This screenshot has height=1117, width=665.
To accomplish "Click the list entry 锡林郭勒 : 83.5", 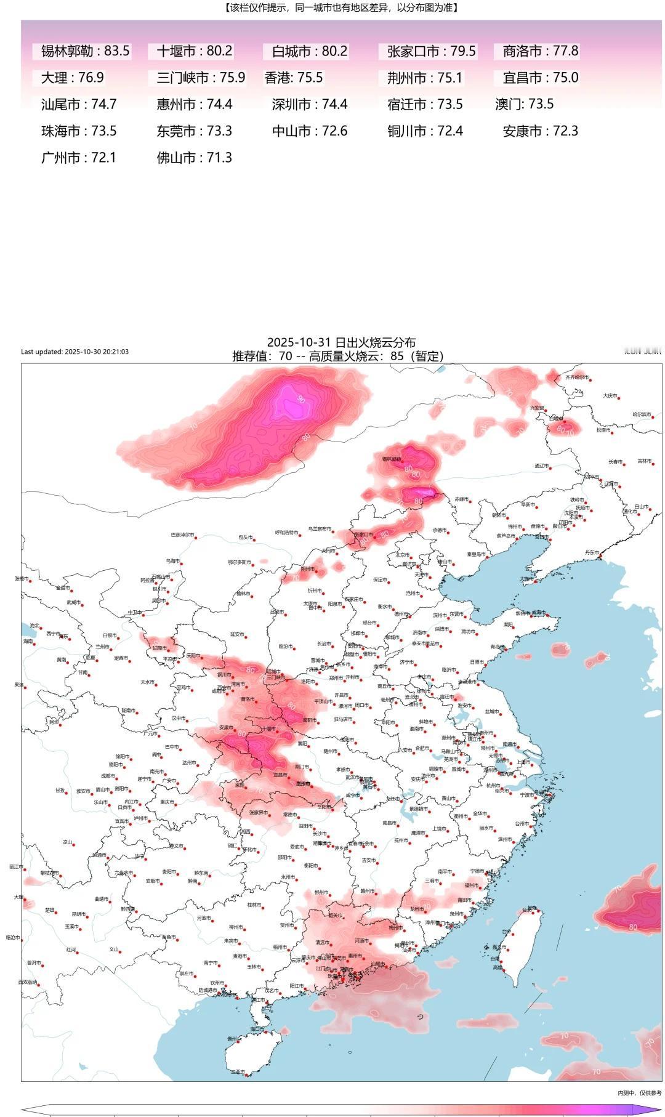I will (x=85, y=51).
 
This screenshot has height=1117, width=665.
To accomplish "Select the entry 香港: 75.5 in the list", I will (x=294, y=78).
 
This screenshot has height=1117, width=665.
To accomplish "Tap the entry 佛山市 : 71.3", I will (x=194, y=158).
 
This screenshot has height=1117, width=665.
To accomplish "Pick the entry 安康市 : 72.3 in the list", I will (x=540, y=131).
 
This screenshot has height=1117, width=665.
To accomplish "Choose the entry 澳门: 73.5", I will (x=524, y=104).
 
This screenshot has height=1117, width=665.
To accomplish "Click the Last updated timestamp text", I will (x=75, y=352).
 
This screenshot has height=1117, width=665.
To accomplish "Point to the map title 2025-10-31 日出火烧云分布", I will (x=341, y=342).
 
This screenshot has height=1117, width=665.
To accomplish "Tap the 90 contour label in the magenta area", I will (x=301, y=399).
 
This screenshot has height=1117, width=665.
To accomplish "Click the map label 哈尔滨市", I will (x=642, y=414).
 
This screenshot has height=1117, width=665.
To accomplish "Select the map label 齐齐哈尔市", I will (x=577, y=377).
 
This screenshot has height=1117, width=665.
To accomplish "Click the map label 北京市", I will (x=402, y=554).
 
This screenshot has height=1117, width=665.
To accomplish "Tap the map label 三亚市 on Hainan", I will (x=238, y=1072).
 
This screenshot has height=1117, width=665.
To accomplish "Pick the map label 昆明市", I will (x=78, y=914).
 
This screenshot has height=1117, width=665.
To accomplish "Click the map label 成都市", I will (x=108, y=775).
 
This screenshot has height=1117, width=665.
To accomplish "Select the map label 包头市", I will (x=245, y=537).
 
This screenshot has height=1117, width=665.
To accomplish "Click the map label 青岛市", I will (x=496, y=647).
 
